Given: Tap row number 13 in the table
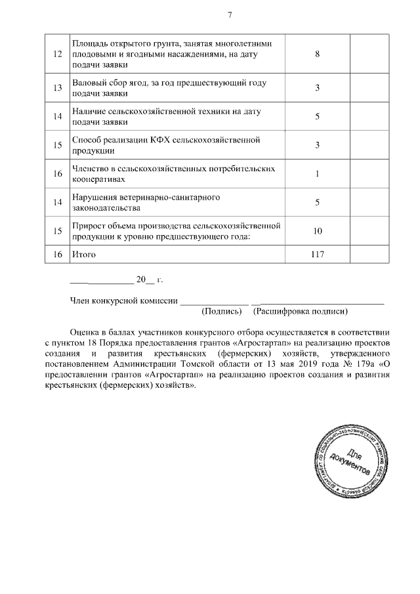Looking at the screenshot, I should pyautogui.click(x=57, y=89).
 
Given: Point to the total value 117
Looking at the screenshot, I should pyautogui.click(x=318, y=253).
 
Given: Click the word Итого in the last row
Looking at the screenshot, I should pyautogui.click(x=85, y=253).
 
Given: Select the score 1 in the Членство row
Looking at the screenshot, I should pyautogui.click(x=317, y=174).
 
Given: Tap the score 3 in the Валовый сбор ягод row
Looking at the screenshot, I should pyautogui.click(x=317, y=89).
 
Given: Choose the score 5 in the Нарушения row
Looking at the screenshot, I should pyautogui.click(x=317, y=203).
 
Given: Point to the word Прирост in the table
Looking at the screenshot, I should pyautogui.click(x=91, y=226).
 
